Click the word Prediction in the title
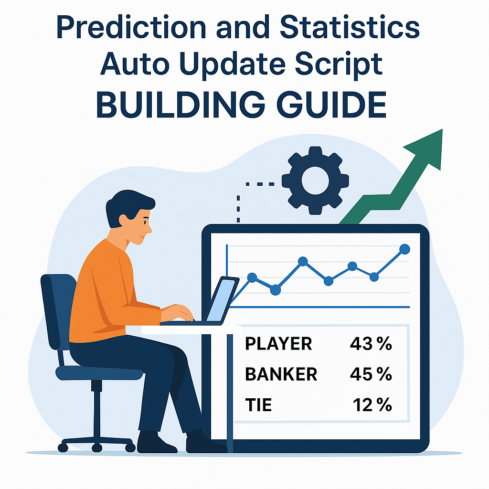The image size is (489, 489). coord(131,27)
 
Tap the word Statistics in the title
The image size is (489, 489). coord(350,27)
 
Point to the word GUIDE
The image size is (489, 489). coord(331,105)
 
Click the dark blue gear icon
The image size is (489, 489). coord(315,180)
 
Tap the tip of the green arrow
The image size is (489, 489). coord(442,129)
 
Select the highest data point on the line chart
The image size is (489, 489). coord(404,249)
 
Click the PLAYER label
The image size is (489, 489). coord(278,344)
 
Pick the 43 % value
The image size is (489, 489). coord(371,344)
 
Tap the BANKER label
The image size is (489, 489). coord(281,374)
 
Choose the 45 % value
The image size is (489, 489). coord(371,374)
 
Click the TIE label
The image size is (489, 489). coord(258,405)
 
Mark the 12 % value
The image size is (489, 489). coord(372,405)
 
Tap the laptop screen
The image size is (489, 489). coord(221,300)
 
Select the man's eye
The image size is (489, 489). coord(145,222)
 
